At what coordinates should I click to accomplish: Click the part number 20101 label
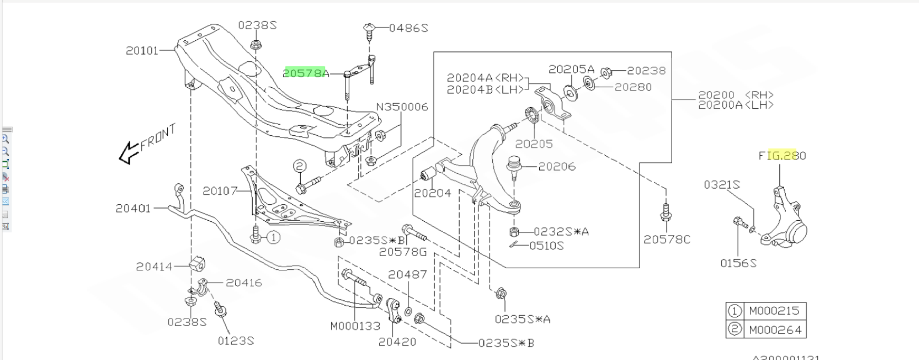pyautogui.click(x=142, y=50)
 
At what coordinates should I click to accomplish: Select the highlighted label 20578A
pyautogui.click(x=306, y=73)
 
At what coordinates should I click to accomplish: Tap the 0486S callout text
pyautogui.click(x=408, y=28)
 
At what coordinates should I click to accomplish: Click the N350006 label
pyautogui.click(x=402, y=107)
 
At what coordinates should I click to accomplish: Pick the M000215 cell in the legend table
pyautogui.click(x=774, y=311)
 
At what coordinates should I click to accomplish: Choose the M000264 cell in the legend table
pyautogui.click(x=774, y=330)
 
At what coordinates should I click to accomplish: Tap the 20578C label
pyautogui.click(x=667, y=239)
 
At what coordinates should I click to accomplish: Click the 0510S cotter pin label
pyautogui.click(x=547, y=246)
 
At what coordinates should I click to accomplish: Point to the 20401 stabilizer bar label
pyautogui.click(x=133, y=209)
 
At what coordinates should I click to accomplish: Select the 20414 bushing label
pyautogui.click(x=154, y=266)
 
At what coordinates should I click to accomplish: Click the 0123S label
pyautogui.click(x=236, y=341)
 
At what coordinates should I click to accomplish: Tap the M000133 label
pyautogui.click(x=355, y=326)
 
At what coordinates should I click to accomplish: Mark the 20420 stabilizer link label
pyautogui.click(x=397, y=342)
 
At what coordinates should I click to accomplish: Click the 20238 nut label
pyautogui.click(x=646, y=71)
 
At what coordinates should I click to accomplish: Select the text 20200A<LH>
pyautogui.click(x=735, y=105)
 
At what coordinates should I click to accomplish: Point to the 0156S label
pyautogui.click(x=738, y=263)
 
